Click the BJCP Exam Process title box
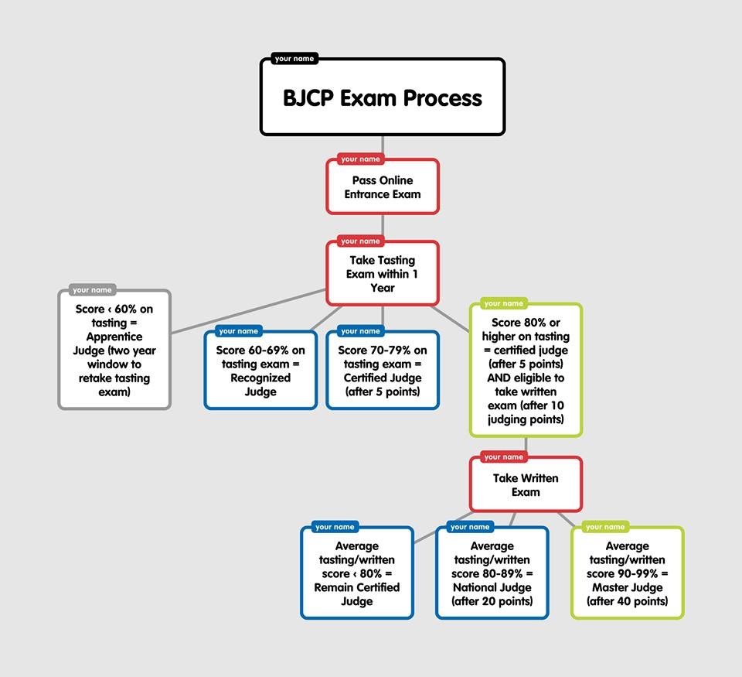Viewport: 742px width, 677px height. pos(383,98)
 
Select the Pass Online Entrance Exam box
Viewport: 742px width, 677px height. pos(383,187)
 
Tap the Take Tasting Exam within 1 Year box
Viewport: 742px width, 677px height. pos(383,274)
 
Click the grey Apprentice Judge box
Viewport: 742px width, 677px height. pos(114,350)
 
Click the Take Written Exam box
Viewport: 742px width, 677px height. pos(526,485)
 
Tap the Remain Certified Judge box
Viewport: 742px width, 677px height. pos(357,573)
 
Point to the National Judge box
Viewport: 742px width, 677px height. pos(492,573)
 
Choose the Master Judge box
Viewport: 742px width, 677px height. pos(628,573)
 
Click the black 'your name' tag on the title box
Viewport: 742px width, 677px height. pos(294,59)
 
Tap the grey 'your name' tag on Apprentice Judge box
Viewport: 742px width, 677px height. pos(92,290)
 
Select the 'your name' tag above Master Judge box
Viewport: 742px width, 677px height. pos(605,527)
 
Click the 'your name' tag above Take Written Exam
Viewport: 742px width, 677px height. pos(503,456)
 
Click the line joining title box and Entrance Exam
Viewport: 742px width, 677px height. pos(383,146)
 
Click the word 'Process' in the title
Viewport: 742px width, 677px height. pos(444,98)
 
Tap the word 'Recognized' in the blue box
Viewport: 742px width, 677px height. pos(260,378)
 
